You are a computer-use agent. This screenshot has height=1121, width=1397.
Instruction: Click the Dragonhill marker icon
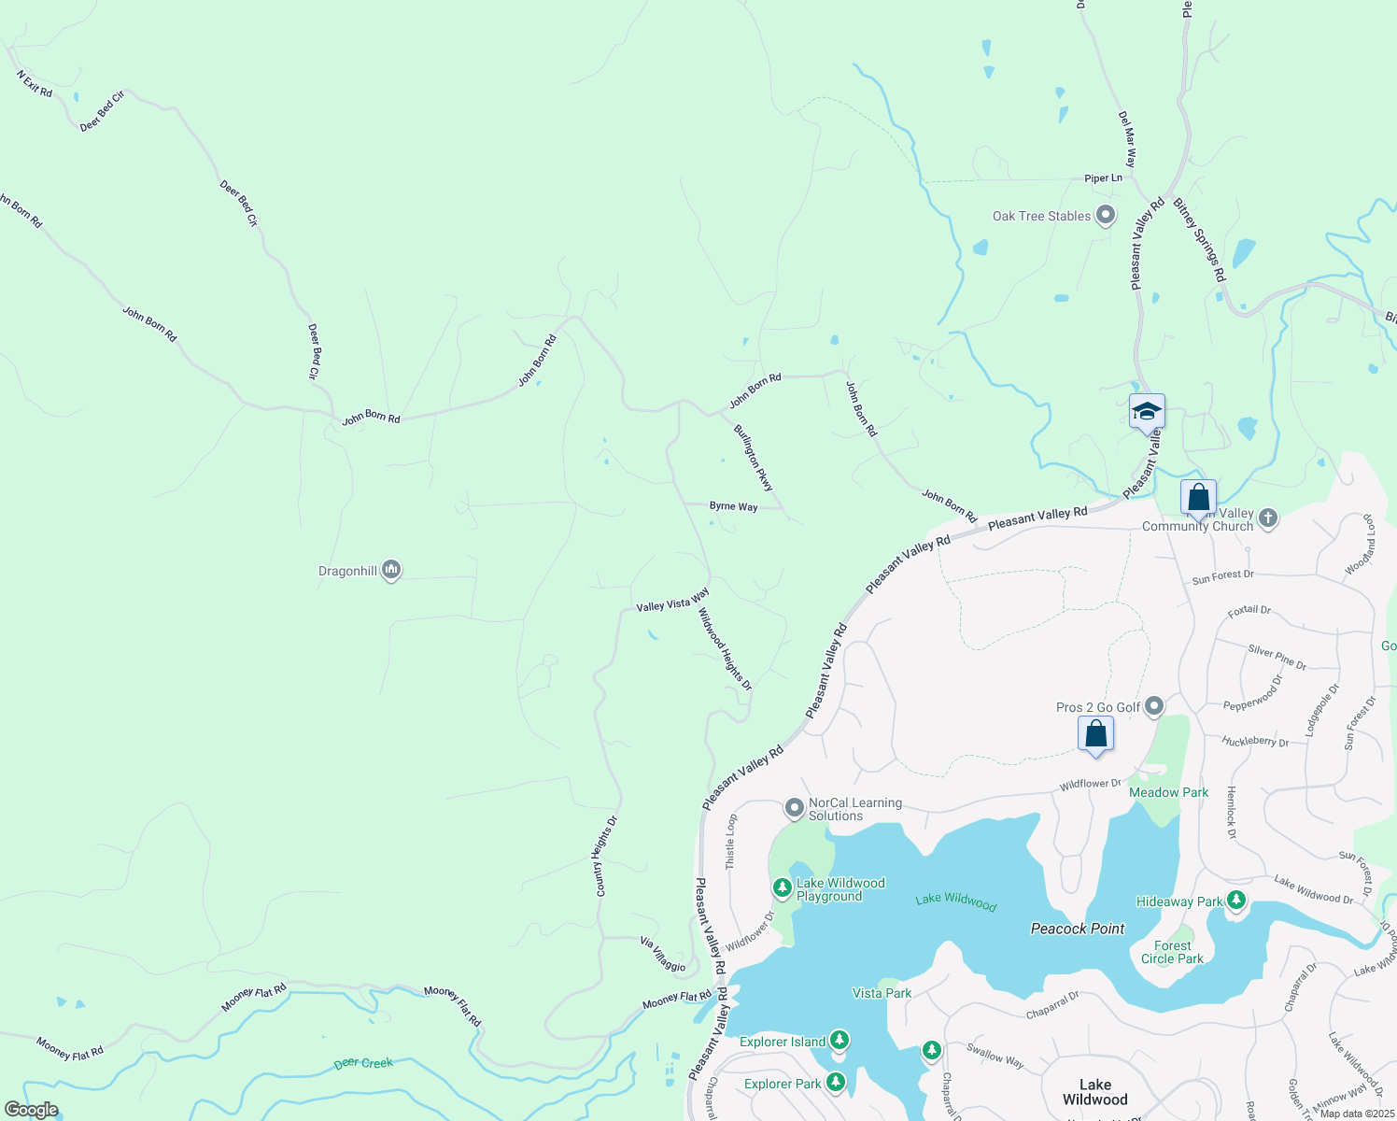(x=391, y=569)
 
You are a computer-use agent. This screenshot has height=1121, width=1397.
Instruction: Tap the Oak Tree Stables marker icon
(x=1106, y=215)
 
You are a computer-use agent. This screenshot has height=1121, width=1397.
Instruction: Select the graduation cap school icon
(x=1146, y=412)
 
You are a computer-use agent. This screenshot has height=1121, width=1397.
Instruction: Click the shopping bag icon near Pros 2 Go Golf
(x=1095, y=733)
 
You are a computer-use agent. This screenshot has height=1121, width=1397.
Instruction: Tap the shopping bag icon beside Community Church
(x=1197, y=498)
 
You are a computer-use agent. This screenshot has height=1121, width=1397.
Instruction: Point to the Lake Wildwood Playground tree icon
(x=783, y=887)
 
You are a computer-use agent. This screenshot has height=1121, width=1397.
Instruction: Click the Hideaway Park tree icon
(x=1236, y=900)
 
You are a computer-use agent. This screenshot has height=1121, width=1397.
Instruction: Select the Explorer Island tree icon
(x=839, y=1040)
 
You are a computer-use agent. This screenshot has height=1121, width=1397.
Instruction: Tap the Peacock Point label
(x=1078, y=929)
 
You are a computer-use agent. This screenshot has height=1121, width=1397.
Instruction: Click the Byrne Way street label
(x=733, y=506)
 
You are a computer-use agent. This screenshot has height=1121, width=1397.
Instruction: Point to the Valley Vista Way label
(x=672, y=601)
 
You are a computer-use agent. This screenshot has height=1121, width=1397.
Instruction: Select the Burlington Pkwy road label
(x=754, y=458)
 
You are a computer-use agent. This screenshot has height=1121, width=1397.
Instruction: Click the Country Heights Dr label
(x=606, y=857)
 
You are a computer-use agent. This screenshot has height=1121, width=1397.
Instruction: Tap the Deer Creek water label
(x=363, y=1063)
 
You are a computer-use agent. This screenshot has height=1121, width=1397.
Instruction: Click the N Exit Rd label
(x=35, y=83)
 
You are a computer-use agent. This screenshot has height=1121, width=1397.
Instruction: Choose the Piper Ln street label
(x=1103, y=178)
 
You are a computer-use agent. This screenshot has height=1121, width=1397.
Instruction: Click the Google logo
(x=32, y=1109)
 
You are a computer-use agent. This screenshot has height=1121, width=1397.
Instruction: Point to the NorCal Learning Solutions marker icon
(x=794, y=807)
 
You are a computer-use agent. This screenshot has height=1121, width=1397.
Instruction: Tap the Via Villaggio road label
(x=663, y=954)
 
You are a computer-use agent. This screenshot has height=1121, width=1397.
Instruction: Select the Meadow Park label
(x=1168, y=792)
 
